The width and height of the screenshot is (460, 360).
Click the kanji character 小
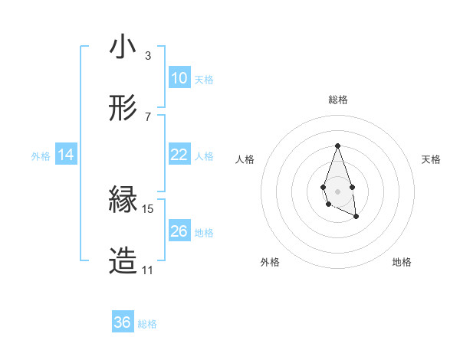(x=123, y=47)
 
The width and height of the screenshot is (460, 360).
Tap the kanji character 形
(x=123, y=109)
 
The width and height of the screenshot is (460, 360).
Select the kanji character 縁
(x=123, y=201)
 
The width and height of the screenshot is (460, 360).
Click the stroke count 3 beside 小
(x=147, y=55)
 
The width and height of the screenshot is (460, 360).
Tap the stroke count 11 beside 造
(x=147, y=270)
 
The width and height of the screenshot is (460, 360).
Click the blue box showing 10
(x=179, y=78)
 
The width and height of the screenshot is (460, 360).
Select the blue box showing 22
(x=179, y=155)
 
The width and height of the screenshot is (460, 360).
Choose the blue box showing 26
(x=179, y=231)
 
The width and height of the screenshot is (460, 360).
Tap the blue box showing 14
(x=66, y=155)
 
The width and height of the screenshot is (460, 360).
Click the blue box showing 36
(x=122, y=323)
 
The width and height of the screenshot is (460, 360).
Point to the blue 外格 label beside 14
(x=41, y=156)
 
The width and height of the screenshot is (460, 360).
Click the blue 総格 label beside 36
(x=147, y=324)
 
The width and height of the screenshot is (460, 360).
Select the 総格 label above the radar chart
(x=337, y=100)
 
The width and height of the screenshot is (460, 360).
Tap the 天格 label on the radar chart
(x=432, y=159)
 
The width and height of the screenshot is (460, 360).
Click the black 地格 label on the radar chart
(x=402, y=262)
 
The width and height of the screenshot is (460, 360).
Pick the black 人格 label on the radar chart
(x=245, y=159)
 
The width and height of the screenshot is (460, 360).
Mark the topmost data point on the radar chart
(x=337, y=146)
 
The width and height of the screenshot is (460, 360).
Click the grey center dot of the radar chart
(x=337, y=190)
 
